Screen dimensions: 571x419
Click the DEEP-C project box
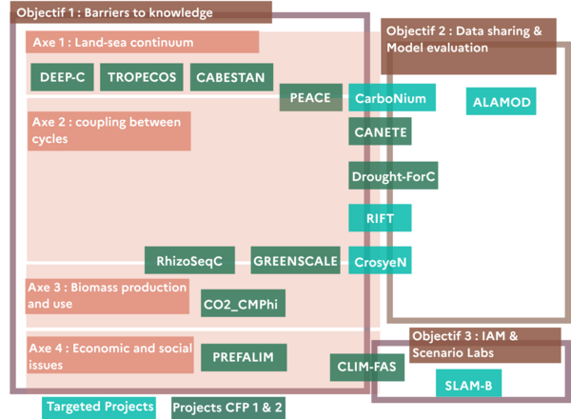(x=62, y=77)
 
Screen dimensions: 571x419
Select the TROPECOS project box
(x=142, y=77)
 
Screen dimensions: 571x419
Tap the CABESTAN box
(x=231, y=77)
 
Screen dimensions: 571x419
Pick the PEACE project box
(x=311, y=97)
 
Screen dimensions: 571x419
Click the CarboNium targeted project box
(x=392, y=97)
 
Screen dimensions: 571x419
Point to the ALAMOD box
(x=502, y=101)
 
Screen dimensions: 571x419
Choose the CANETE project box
(x=380, y=131)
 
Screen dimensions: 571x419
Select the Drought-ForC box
(x=393, y=175)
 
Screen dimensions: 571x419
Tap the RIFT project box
(x=380, y=218)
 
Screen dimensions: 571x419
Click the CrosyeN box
(x=380, y=260)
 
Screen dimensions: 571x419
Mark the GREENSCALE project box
(x=295, y=260)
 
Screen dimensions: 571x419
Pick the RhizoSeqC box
(x=189, y=260)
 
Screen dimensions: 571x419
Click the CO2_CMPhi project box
(x=243, y=303)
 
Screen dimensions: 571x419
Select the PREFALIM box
(x=244, y=357)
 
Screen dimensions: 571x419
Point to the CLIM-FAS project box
(x=367, y=368)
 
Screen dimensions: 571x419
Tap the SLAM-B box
(x=468, y=384)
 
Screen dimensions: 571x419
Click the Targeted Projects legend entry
(x=99, y=408)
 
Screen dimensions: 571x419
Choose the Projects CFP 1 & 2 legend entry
(x=228, y=408)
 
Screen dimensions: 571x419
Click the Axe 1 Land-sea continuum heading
(x=142, y=42)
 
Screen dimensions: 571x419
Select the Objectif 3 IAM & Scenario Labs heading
(x=485, y=345)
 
